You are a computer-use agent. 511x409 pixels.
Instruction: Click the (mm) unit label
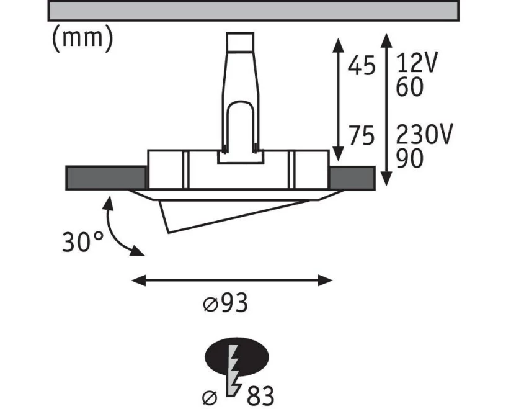coord(82,38)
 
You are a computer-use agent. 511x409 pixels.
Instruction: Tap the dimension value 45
coord(362,66)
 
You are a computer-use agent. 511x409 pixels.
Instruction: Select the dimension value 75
coord(362,135)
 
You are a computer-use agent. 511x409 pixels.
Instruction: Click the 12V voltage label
coord(416,62)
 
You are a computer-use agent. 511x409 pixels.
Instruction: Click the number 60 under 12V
coord(410,87)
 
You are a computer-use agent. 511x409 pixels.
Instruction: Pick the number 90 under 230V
coord(410,158)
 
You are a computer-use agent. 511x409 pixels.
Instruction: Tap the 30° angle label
coord(82,242)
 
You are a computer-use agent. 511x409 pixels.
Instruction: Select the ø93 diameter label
coord(226,303)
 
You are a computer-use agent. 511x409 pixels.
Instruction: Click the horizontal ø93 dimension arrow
coord(232,280)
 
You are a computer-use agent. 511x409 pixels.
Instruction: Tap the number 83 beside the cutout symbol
coord(260,396)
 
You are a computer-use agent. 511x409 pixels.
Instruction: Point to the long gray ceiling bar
coord(253,11)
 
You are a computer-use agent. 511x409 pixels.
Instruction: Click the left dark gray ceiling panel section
coord(106,178)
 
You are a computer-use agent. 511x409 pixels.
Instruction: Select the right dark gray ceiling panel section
coord(352,178)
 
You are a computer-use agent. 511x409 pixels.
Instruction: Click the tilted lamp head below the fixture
coord(228,213)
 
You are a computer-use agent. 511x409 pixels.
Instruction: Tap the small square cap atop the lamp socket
coord(240,42)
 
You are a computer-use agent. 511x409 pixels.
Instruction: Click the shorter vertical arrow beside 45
coord(338,99)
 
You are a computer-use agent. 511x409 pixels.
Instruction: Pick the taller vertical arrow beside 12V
coord(386,110)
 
